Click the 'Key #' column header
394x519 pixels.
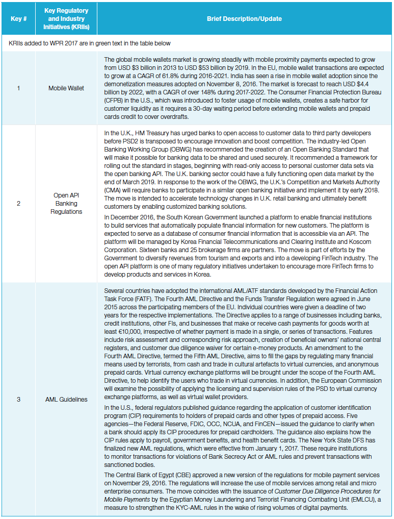tap(18, 19)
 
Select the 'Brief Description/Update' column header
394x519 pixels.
tap(244, 19)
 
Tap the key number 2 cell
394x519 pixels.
tap(18, 204)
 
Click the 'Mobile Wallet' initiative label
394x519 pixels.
tap(66, 88)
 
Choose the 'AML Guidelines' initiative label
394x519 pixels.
tap(66, 399)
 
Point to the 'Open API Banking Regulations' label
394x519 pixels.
tap(66, 204)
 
